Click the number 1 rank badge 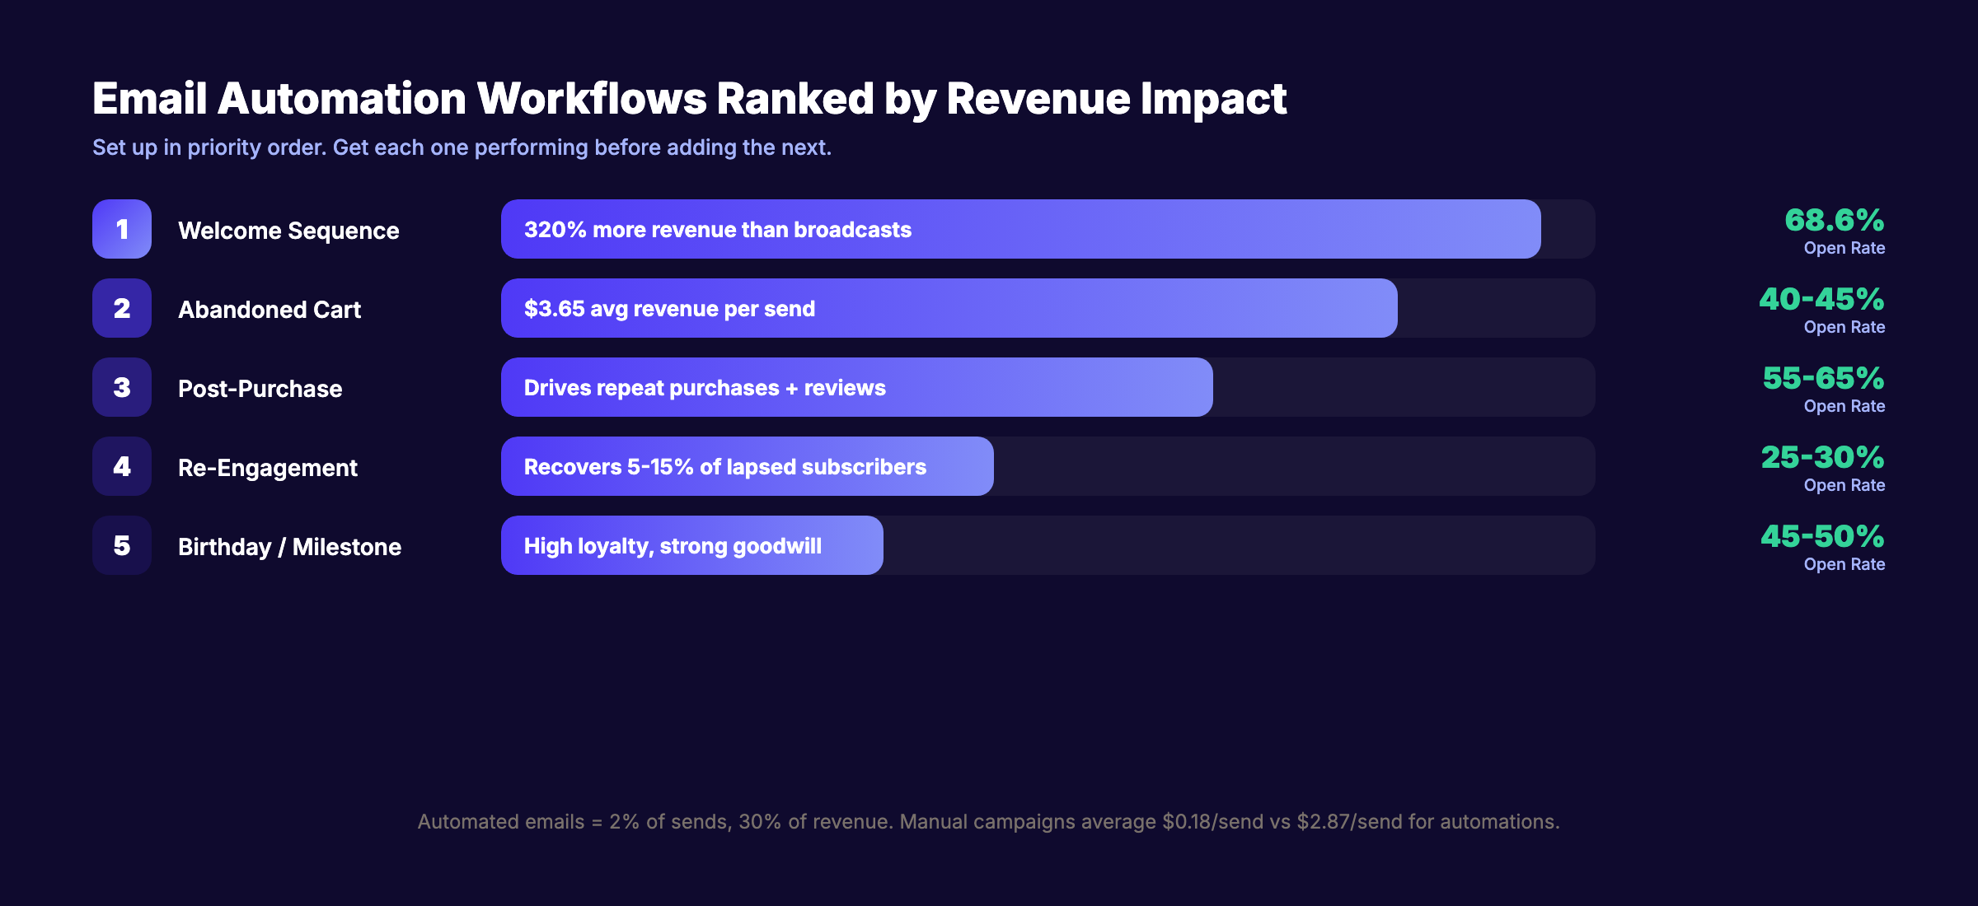[122, 229]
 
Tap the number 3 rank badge [122, 387]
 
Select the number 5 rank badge [122, 545]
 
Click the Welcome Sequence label [288, 231]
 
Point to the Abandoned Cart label [270, 310]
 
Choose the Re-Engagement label [268, 468]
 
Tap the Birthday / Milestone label [289, 547]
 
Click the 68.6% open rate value [1834, 221]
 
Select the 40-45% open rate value [1821, 300]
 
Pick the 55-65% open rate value [1823, 379]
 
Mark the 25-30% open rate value [1822, 458]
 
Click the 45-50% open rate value [1822, 537]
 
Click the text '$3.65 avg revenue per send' [669, 309]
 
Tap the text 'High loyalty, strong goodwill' [673, 546]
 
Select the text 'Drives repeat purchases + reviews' [705, 388]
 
